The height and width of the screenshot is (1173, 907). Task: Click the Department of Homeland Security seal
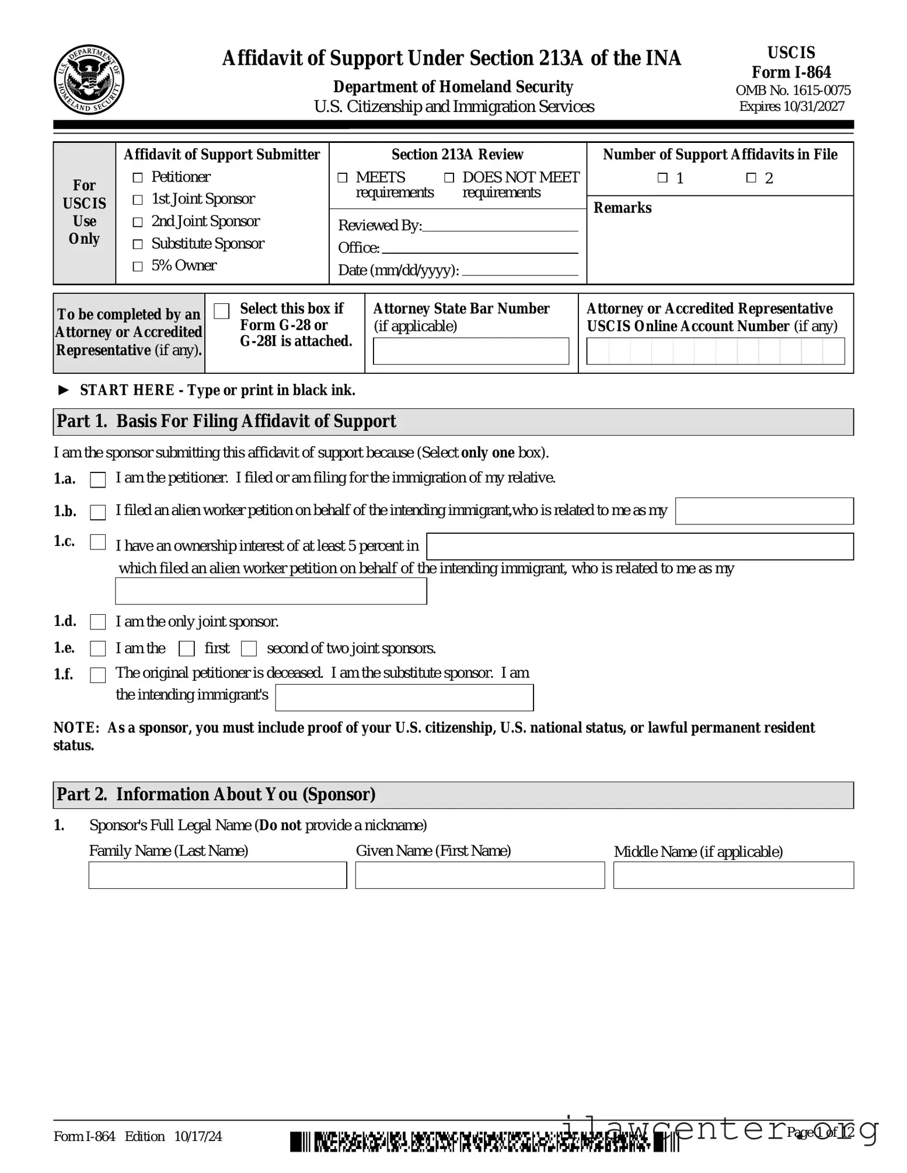pos(89,80)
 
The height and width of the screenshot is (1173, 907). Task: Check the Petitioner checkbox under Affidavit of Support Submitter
pos(138,177)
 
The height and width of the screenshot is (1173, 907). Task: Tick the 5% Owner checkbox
pos(138,267)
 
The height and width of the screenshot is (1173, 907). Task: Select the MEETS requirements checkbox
pos(343,177)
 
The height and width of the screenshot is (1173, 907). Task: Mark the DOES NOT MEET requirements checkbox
pos(449,177)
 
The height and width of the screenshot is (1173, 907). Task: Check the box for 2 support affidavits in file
pos(751,178)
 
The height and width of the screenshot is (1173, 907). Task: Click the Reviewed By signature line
pos(500,226)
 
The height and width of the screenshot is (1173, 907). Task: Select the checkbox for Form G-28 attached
pos(222,311)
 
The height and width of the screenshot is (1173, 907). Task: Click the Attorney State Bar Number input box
pos(470,351)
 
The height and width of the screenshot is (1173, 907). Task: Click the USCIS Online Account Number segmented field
pos(715,351)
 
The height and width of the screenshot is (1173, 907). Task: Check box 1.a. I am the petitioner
pos(98,479)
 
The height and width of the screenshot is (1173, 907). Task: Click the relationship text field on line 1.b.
pos(764,511)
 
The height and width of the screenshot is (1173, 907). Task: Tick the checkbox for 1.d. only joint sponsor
pos(98,622)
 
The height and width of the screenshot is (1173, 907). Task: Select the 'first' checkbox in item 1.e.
pos(187,649)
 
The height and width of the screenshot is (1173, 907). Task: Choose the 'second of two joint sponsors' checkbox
pos(249,649)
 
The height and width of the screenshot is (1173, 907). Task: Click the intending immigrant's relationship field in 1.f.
pos(404,698)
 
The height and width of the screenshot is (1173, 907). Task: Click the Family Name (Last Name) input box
pos(217,875)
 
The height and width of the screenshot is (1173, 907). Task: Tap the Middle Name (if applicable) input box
pos(733,875)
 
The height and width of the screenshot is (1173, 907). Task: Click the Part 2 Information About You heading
pos(216,794)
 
